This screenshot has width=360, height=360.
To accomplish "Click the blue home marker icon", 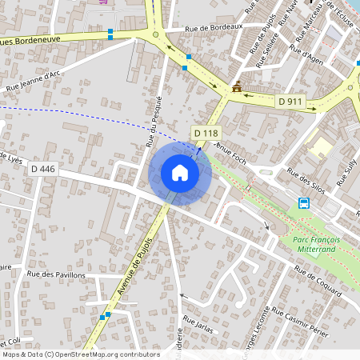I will coord(179,173).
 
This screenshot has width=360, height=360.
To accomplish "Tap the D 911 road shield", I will coord(290,102).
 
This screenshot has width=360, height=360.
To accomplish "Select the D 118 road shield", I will coord(206,133).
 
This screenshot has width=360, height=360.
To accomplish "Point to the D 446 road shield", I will coord(42,169).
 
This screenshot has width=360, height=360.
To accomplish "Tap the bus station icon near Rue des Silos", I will coord(304,202).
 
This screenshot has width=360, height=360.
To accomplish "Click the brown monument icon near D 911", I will coord(237,87).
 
